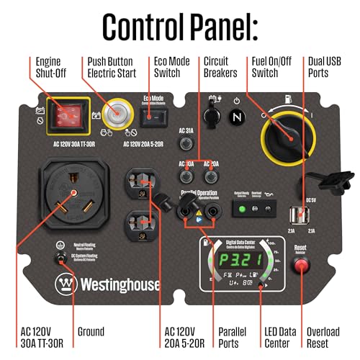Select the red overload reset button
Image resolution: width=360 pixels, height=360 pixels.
[x=298, y=266]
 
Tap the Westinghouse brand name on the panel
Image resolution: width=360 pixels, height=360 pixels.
[x=119, y=283]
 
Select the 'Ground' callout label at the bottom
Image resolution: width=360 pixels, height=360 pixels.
[x=89, y=332]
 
